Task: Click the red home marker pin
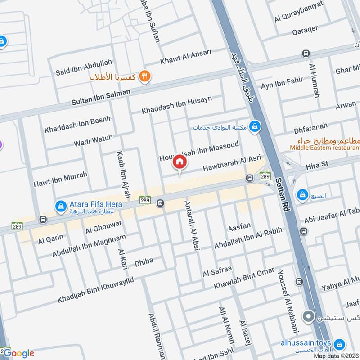pyautogui.click(x=180, y=162)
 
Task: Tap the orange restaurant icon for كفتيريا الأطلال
pyautogui.click(x=144, y=76)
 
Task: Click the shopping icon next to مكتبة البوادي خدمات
pyautogui.click(x=255, y=127)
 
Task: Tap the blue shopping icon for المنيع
pyautogui.click(x=301, y=195)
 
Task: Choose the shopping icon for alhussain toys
pyautogui.click(x=340, y=344)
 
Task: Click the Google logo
pyautogui.click(x=18, y=353)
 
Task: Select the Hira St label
pyautogui.click(x=318, y=166)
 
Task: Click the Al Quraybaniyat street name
pyautogui.click(x=298, y=18)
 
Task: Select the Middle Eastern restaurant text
pyautogui.click(x=324, y=147)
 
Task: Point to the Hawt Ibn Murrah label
pyautogui.click(x=60, y=180)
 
